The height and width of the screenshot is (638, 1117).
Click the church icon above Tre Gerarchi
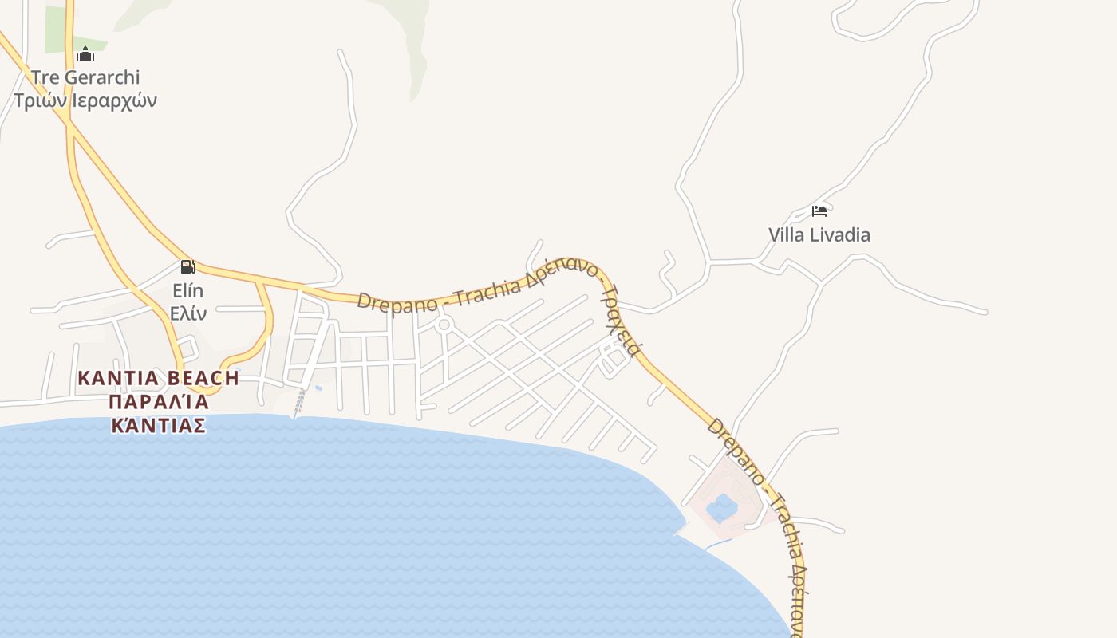[x=85, y=54]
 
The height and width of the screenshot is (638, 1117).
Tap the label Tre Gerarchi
[x=85, y=77]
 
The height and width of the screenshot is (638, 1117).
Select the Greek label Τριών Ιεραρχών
[x=85, y=100]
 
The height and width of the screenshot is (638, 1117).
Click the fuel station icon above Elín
[x=187, y=266]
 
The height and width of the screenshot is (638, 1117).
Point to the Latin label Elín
[x=188, y=290]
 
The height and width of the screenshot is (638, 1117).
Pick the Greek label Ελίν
[x=188, y=313]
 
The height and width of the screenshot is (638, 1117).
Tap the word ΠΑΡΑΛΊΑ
[x=159, y=401]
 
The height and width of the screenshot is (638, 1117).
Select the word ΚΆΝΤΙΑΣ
[x=159, y=424]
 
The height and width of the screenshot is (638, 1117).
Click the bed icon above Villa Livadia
[x=819, y=211]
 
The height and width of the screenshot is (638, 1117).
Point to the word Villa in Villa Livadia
[x=787, y=234]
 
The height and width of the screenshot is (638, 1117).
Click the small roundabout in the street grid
[x=444, y=325]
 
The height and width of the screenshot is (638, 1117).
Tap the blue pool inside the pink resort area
[x=723, y=507]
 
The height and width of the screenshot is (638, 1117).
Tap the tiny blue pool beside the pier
[x=319, y=388]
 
